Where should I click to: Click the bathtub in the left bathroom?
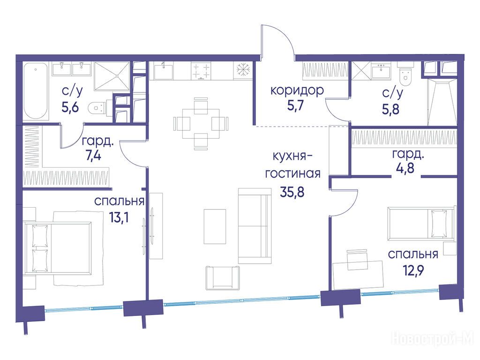[x=36, y=91]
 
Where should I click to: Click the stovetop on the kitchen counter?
[x=201, y=71]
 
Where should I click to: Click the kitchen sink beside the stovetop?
[x=163, y=71]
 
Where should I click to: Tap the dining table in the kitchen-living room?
[x=201, y=123]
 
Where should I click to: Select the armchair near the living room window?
[x=223, y=277]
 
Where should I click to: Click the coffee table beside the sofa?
[x=215, y=226]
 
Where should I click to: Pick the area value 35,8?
[x=292, y=192]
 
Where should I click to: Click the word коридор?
[x=297, y=91]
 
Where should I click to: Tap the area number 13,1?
[x=119, y=217]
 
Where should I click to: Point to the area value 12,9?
[x=413, y=270]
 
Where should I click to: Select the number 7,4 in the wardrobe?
[x=93, y=156]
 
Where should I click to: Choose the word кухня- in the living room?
[x=292, y=157]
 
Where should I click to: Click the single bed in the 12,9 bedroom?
[x=420, y=224]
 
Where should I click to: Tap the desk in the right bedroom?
[x=358, y=275]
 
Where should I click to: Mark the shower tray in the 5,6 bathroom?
[x=112, y=76]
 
